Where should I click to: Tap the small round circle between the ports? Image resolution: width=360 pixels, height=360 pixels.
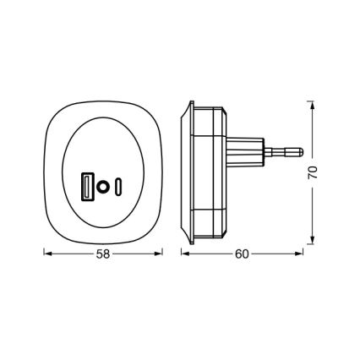[x=102, y=185]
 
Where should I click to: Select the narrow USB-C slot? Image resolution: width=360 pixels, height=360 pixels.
[x=119, y=185]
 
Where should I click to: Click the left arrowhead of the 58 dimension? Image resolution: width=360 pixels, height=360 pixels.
[x=46, y=253]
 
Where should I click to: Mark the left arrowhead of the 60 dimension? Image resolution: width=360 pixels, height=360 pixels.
[x=187, y=253]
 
